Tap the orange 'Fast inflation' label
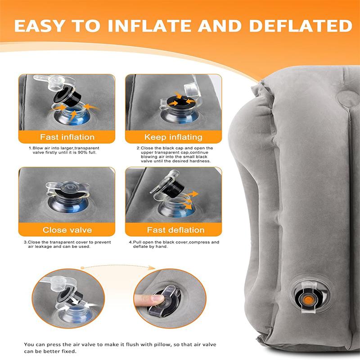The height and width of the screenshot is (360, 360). pyautogui.click(x=67, y=137)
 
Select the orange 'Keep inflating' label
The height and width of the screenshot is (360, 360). pyautogui.click(x=173, y=137)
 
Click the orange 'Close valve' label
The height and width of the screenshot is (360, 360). pyautogui.click(x=67, y=230)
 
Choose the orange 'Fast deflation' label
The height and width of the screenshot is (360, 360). pyautogui.click(x=173, y=230)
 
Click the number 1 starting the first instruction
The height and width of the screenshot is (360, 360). pyautogui.click(x=30, y=148)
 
